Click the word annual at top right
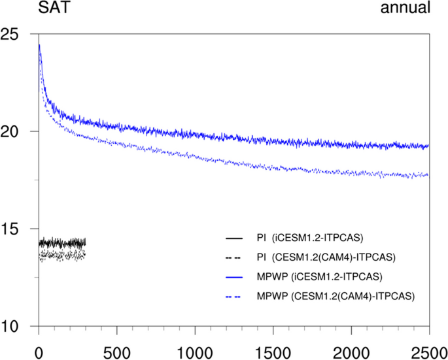[406, 8]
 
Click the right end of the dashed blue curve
[428, 175]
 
